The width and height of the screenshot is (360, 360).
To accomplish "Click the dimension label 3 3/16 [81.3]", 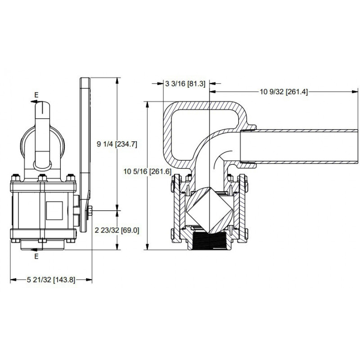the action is pyautogui.click(x=185, y=84).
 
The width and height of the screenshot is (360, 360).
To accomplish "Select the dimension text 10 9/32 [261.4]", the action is pyautogui.click(x=283, y=92).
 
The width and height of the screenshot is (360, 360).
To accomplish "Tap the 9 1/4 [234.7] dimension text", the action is pyautogui.click(x=117, y=144).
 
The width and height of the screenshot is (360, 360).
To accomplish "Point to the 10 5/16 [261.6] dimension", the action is pyautogui.click(x=148, y=171).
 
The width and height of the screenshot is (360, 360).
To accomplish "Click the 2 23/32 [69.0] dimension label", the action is pyautogui.click(x=117, y=230).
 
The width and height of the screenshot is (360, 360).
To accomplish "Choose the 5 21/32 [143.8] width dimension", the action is pyautogui.click(x=51, y=279).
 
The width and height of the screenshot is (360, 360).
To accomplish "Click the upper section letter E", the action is pyautogui.click(x=36, y=95).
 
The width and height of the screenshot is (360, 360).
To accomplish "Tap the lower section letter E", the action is pyautogui.click(x=36, y=256).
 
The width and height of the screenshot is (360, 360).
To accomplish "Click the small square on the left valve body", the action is pyautogui.click(x=54, y=210).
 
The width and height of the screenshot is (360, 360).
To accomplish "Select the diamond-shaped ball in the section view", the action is pyautogui.click(x=209, y=210).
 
